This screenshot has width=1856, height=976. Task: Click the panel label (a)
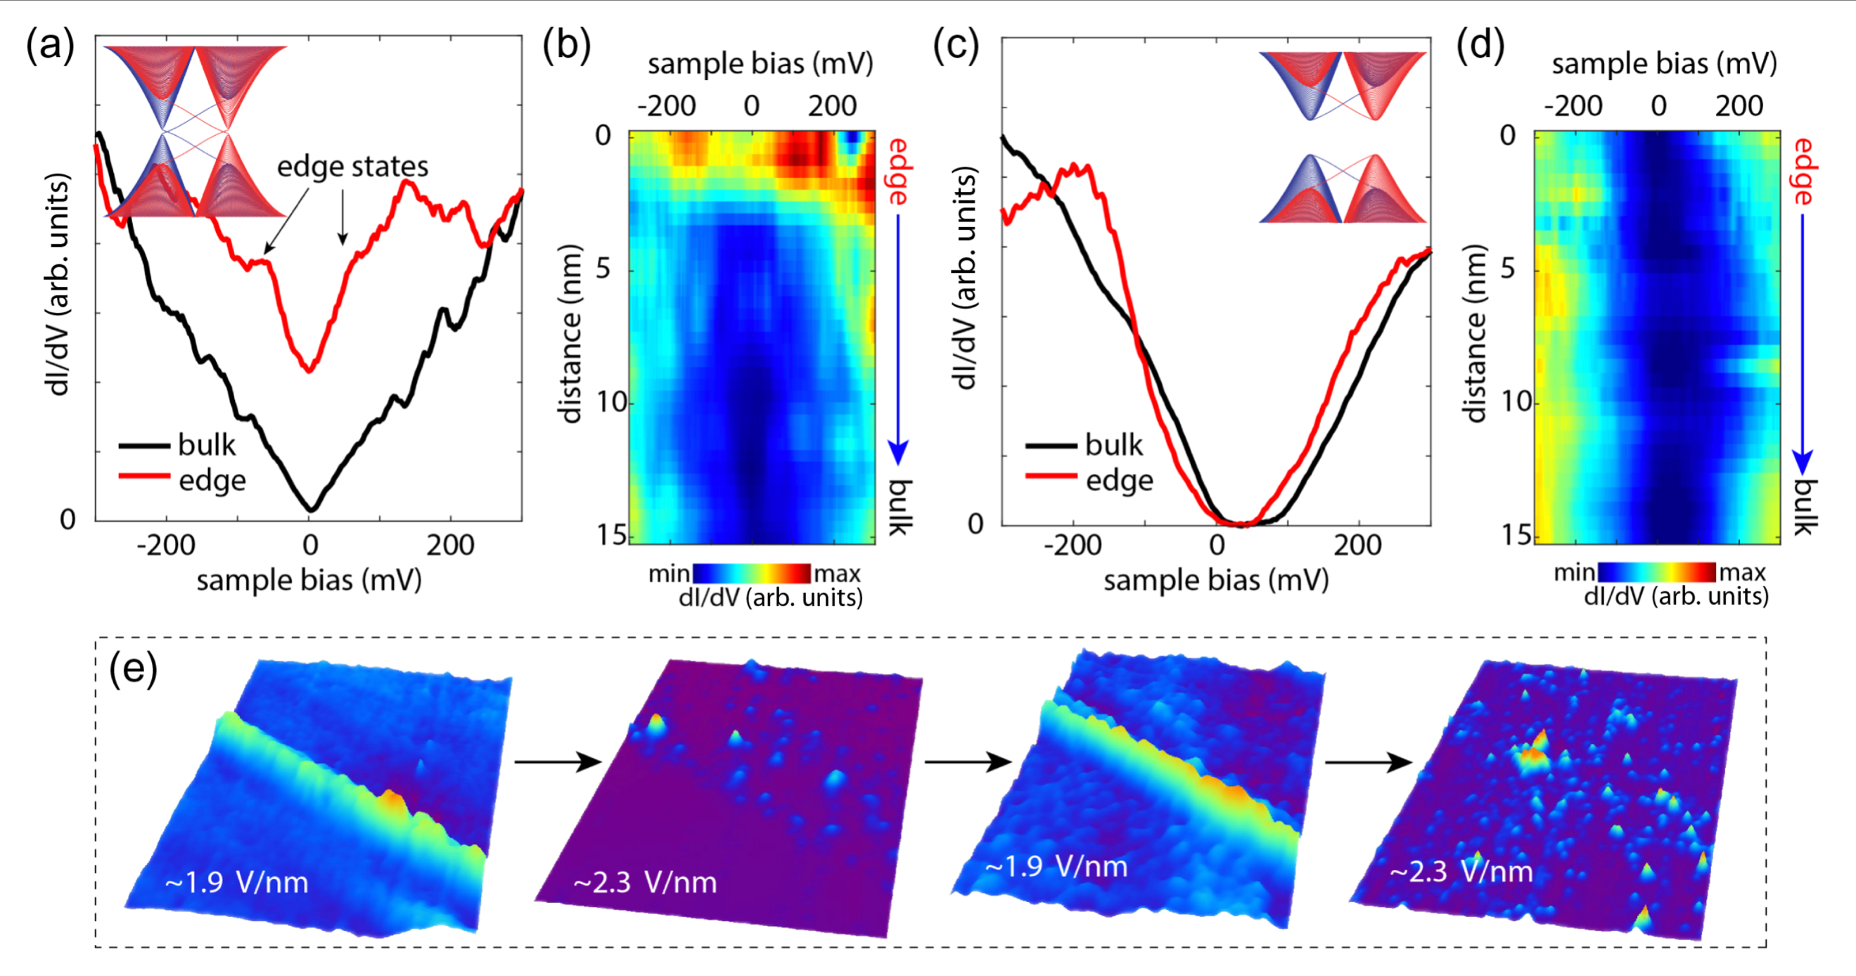coord(50,47)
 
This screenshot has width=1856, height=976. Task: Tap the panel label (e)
coord(132,670)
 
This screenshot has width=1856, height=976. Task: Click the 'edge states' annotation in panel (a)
coord(352,167)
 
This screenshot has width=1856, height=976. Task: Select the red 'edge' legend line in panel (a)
coord(144,477)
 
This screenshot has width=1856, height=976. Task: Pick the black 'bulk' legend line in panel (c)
coord(1051,445)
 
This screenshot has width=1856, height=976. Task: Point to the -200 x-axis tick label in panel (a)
coord(166,545)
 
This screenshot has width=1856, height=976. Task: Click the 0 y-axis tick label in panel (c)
coord(975,524)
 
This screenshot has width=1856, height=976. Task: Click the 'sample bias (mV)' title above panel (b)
coord(760,64)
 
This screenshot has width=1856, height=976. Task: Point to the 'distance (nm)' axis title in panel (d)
coord(1476,333)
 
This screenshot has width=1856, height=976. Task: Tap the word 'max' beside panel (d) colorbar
coord(1742,572)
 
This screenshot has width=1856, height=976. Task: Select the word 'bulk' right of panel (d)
coord(1803,507)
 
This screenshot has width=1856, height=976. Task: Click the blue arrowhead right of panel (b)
coord(897,453)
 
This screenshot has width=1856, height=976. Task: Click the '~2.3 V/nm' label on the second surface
coord(645,882)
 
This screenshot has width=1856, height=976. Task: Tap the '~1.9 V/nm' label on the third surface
coord(1056,866)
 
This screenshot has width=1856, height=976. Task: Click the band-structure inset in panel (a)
coord(196,131)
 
